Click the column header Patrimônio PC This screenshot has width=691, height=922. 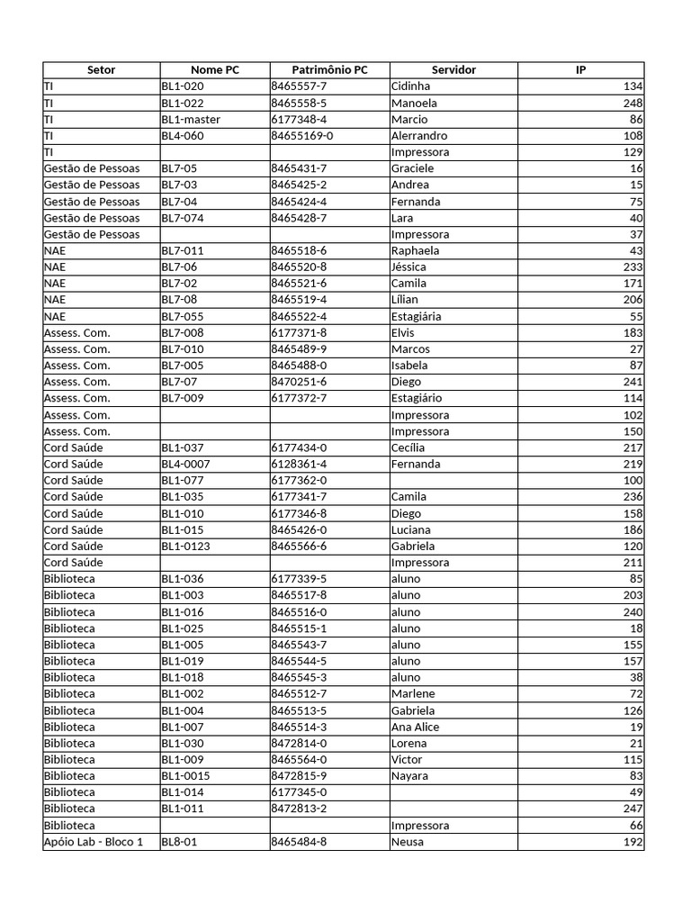pos(329,70)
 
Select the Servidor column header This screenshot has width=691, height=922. pos(453,70)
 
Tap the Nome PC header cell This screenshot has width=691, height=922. pos(215,70)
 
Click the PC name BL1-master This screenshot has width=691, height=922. pos(191,120)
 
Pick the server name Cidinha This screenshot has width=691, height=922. pos(411,86)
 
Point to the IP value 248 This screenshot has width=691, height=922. pos(633,104)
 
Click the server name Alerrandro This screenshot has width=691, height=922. pos(419,136)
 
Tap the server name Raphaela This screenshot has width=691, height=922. pos(416,251)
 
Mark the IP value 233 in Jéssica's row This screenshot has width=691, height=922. pos(633,267)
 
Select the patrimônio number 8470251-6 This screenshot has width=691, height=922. pos(299,382)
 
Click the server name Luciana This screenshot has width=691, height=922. pos(411,529)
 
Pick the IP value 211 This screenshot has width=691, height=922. pos(633,563)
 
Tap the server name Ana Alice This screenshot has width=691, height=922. pos(415,727)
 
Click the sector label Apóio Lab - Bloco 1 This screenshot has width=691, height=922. pos(94,842)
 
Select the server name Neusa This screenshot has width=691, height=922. pos(408,842)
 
